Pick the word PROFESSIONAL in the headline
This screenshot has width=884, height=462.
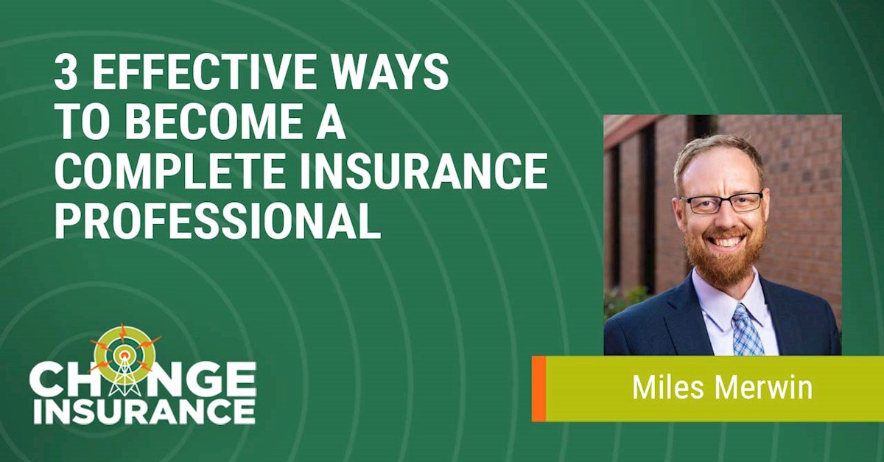click(x=217, y=221)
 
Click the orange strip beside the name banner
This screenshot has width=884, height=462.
click(x=539, y=388)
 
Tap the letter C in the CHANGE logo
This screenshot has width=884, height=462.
click(x=46, y=381)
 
